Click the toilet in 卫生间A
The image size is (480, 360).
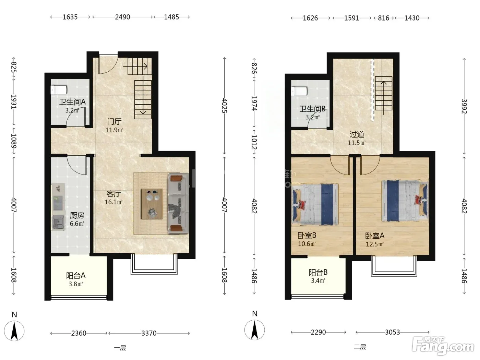(59, 89)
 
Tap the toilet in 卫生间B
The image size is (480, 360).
(299, 91)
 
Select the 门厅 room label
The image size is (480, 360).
(115, 121)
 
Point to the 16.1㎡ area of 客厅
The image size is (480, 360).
(113, 202)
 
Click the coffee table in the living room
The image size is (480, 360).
(152, 204)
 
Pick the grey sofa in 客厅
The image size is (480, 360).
(178, 203)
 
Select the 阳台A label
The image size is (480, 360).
(76, 276)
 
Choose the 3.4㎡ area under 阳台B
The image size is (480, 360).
(318, 280)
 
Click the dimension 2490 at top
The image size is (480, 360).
(122, 17)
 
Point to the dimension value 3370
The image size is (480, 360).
(149, 333)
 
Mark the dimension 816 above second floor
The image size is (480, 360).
(384, 18)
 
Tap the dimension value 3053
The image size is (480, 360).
(393, 332)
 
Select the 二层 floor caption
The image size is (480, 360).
(360, 347)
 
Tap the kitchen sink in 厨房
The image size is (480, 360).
(58, 222)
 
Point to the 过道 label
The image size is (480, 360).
(357, 134)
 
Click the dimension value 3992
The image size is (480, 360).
(464, 106)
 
